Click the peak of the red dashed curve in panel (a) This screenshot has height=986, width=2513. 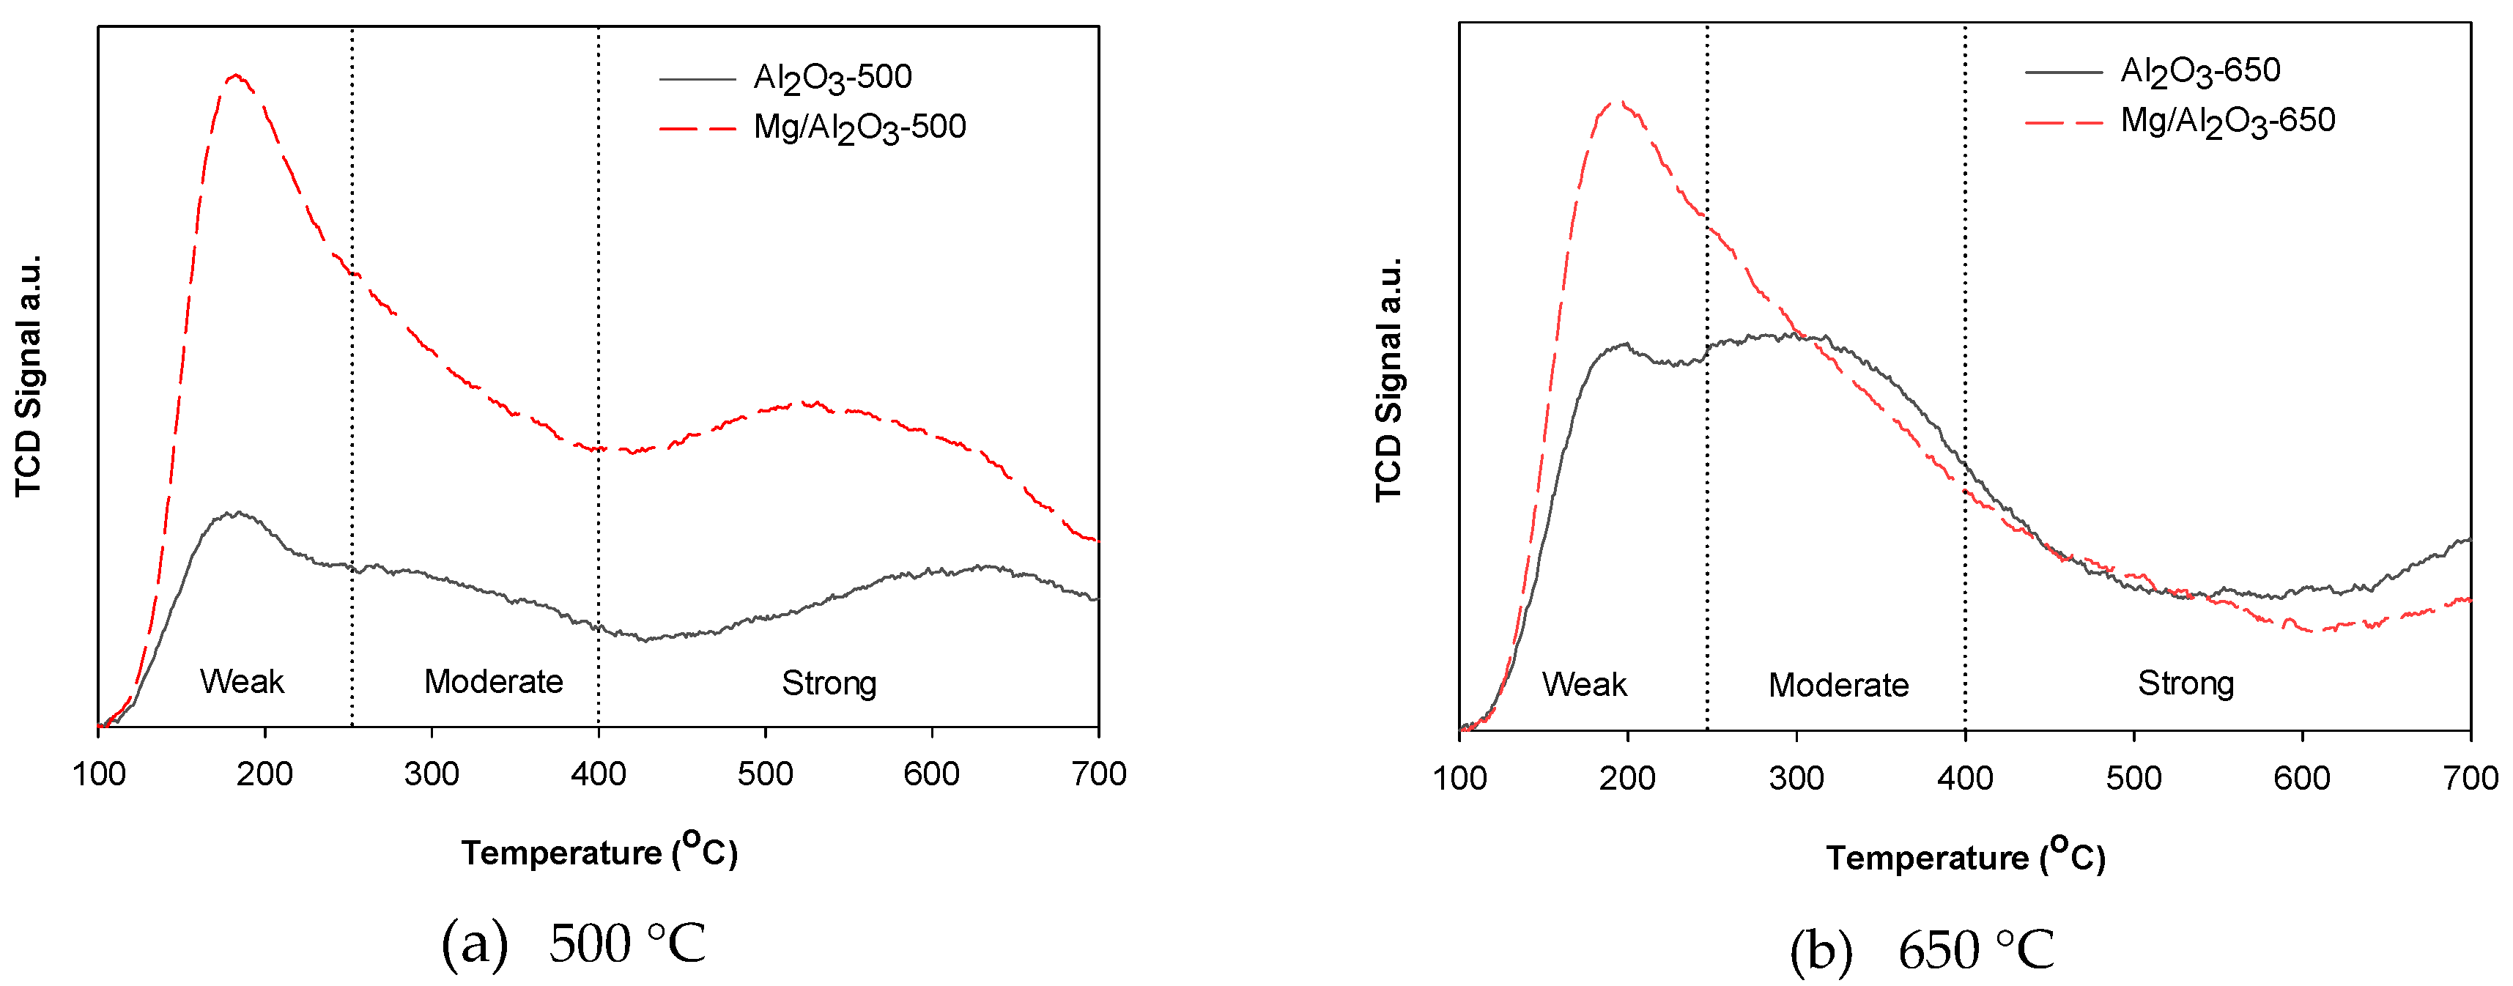click(x=235, y=75)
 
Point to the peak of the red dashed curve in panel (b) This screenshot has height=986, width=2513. click(x=1619, y=101)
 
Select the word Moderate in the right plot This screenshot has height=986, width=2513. click(x=1838, y=685)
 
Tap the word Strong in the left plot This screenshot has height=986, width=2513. click(x=828, y=683)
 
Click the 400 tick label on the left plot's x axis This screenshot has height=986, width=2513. click(x=598, y=774)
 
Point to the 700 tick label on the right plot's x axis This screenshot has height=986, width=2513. click(x=2469, y=778)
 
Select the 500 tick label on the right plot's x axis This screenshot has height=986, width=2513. click(x=2133, y=778)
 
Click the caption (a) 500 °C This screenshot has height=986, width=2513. click(x=574, y=942)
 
